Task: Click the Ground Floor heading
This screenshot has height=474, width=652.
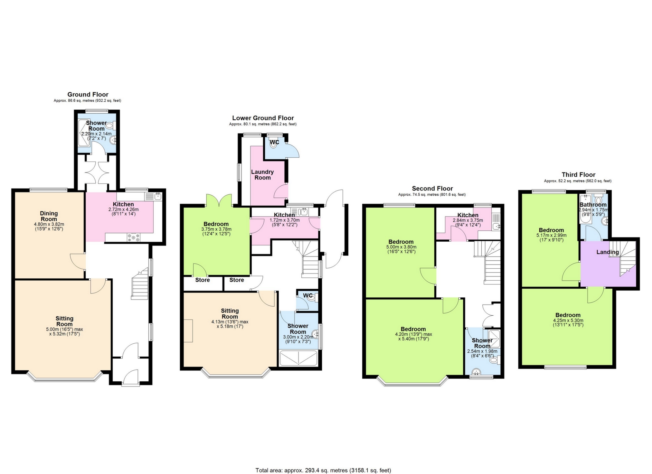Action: [x=88, y=94]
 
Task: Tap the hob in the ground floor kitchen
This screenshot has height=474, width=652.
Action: [x=134, y=237]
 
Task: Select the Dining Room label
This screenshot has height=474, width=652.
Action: [x=49, y=216]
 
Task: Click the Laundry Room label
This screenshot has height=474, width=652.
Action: [x=262, y=175]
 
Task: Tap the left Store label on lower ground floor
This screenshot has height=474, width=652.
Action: [x=203, y=280]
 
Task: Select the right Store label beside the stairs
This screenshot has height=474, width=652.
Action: [x=237, y=280]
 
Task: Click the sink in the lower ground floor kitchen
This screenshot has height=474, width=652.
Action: [x=304, y=211]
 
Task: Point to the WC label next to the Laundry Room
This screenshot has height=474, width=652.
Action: [x=274, y=142]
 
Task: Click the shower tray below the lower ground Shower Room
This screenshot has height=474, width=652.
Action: [x=298, y=358]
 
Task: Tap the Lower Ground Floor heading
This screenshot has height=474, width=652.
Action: [x=263, y=118]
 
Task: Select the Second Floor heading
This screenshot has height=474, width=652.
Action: [x=432, y=188]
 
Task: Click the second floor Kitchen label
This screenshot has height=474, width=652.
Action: [x=468, y=215]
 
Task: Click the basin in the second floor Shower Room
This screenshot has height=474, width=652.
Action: [x=476, y=372]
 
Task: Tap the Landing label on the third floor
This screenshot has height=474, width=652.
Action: [x=607, y=252]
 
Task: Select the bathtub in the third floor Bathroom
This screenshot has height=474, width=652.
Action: [x=584, y=217]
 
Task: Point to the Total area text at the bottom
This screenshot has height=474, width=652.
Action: [x=323, y=470]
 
